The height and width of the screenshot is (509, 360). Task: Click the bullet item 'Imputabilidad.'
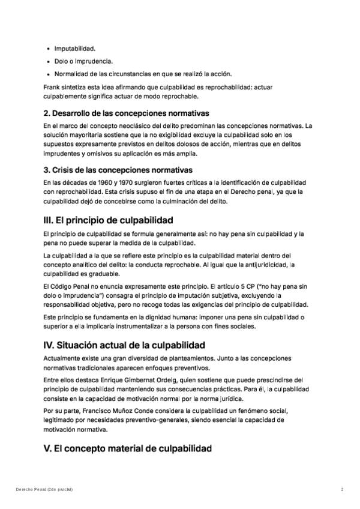74,48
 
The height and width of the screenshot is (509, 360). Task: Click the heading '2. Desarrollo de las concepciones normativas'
126,113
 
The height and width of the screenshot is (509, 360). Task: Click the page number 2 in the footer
342,490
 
